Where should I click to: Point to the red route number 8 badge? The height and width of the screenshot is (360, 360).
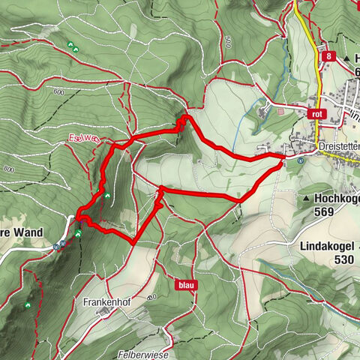pos(328,56)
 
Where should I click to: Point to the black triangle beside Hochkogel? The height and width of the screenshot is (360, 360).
pos(308,198)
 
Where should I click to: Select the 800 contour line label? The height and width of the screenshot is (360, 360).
pos(8,170)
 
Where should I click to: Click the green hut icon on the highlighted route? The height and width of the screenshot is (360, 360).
pos(107,196)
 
